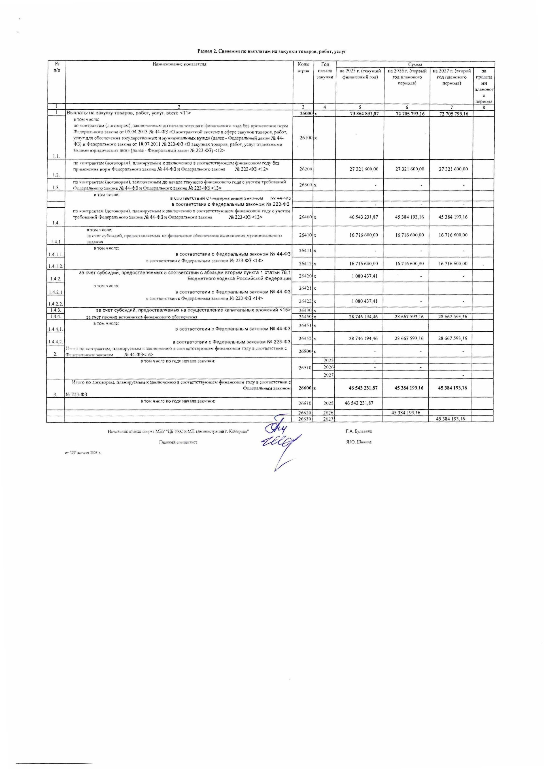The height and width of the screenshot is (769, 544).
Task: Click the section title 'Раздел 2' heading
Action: [272, 51]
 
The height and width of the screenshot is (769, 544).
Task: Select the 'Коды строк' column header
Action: [303, 67]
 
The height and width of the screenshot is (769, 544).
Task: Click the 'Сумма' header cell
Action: [415, 64]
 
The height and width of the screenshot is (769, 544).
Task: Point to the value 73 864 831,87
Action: [364, 114]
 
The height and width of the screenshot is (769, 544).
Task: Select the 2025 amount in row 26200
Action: [364, 169]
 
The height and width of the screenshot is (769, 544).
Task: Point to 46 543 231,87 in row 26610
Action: [359, 403]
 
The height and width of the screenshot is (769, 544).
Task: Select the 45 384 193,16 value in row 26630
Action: [450, 419]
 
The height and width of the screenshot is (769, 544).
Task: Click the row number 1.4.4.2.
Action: [55, 342]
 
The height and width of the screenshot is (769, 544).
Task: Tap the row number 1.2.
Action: [56, 175]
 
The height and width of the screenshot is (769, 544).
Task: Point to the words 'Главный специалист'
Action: [178, 442]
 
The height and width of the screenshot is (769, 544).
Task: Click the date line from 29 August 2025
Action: [83, 453]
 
